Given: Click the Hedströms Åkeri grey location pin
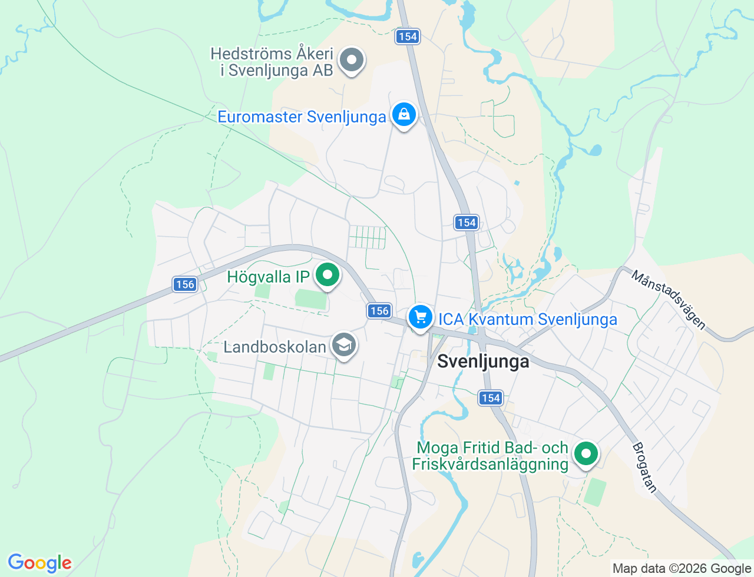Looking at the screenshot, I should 352,59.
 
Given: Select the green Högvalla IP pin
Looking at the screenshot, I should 328,275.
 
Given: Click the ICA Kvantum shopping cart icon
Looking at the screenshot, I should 420,317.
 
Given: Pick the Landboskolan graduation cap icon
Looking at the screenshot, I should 343,345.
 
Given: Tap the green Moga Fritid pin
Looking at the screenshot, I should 586,454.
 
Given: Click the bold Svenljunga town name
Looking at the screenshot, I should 483,362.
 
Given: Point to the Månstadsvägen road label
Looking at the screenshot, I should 669,300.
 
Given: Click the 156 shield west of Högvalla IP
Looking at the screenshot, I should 185,284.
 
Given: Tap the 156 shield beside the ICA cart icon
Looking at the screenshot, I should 379,311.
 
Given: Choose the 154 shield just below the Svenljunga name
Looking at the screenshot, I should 491,398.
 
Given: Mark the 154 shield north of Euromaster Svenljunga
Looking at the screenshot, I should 407,37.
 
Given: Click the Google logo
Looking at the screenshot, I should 39,563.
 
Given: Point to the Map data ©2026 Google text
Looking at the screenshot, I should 682,568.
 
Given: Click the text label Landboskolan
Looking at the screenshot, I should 275,347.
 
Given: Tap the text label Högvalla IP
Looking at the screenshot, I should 269,277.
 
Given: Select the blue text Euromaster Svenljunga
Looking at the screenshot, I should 302,117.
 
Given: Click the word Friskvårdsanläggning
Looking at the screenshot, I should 490,465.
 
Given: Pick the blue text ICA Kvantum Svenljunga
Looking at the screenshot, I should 528,319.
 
